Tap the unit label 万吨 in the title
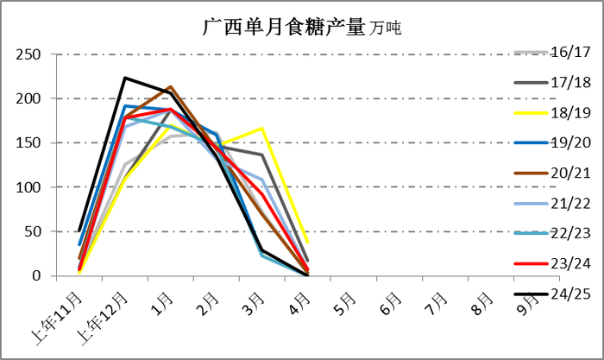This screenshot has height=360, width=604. (x=387, y=28)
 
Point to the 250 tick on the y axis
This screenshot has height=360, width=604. (x=29, y=54)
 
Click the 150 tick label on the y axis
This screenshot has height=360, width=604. (x=29, y=143)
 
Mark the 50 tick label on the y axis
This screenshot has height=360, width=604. (x=34, y=231)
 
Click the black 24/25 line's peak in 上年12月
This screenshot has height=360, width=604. (x=125, y=78)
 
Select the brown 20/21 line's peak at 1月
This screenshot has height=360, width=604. (x=171, y=87)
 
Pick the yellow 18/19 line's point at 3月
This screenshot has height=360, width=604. (x=261, y=129)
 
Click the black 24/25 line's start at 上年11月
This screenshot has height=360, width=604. (x=79, y=231)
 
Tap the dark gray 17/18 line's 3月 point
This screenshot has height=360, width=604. (x=261, y=155)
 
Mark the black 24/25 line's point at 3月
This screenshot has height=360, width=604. (x=261, y=250)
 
